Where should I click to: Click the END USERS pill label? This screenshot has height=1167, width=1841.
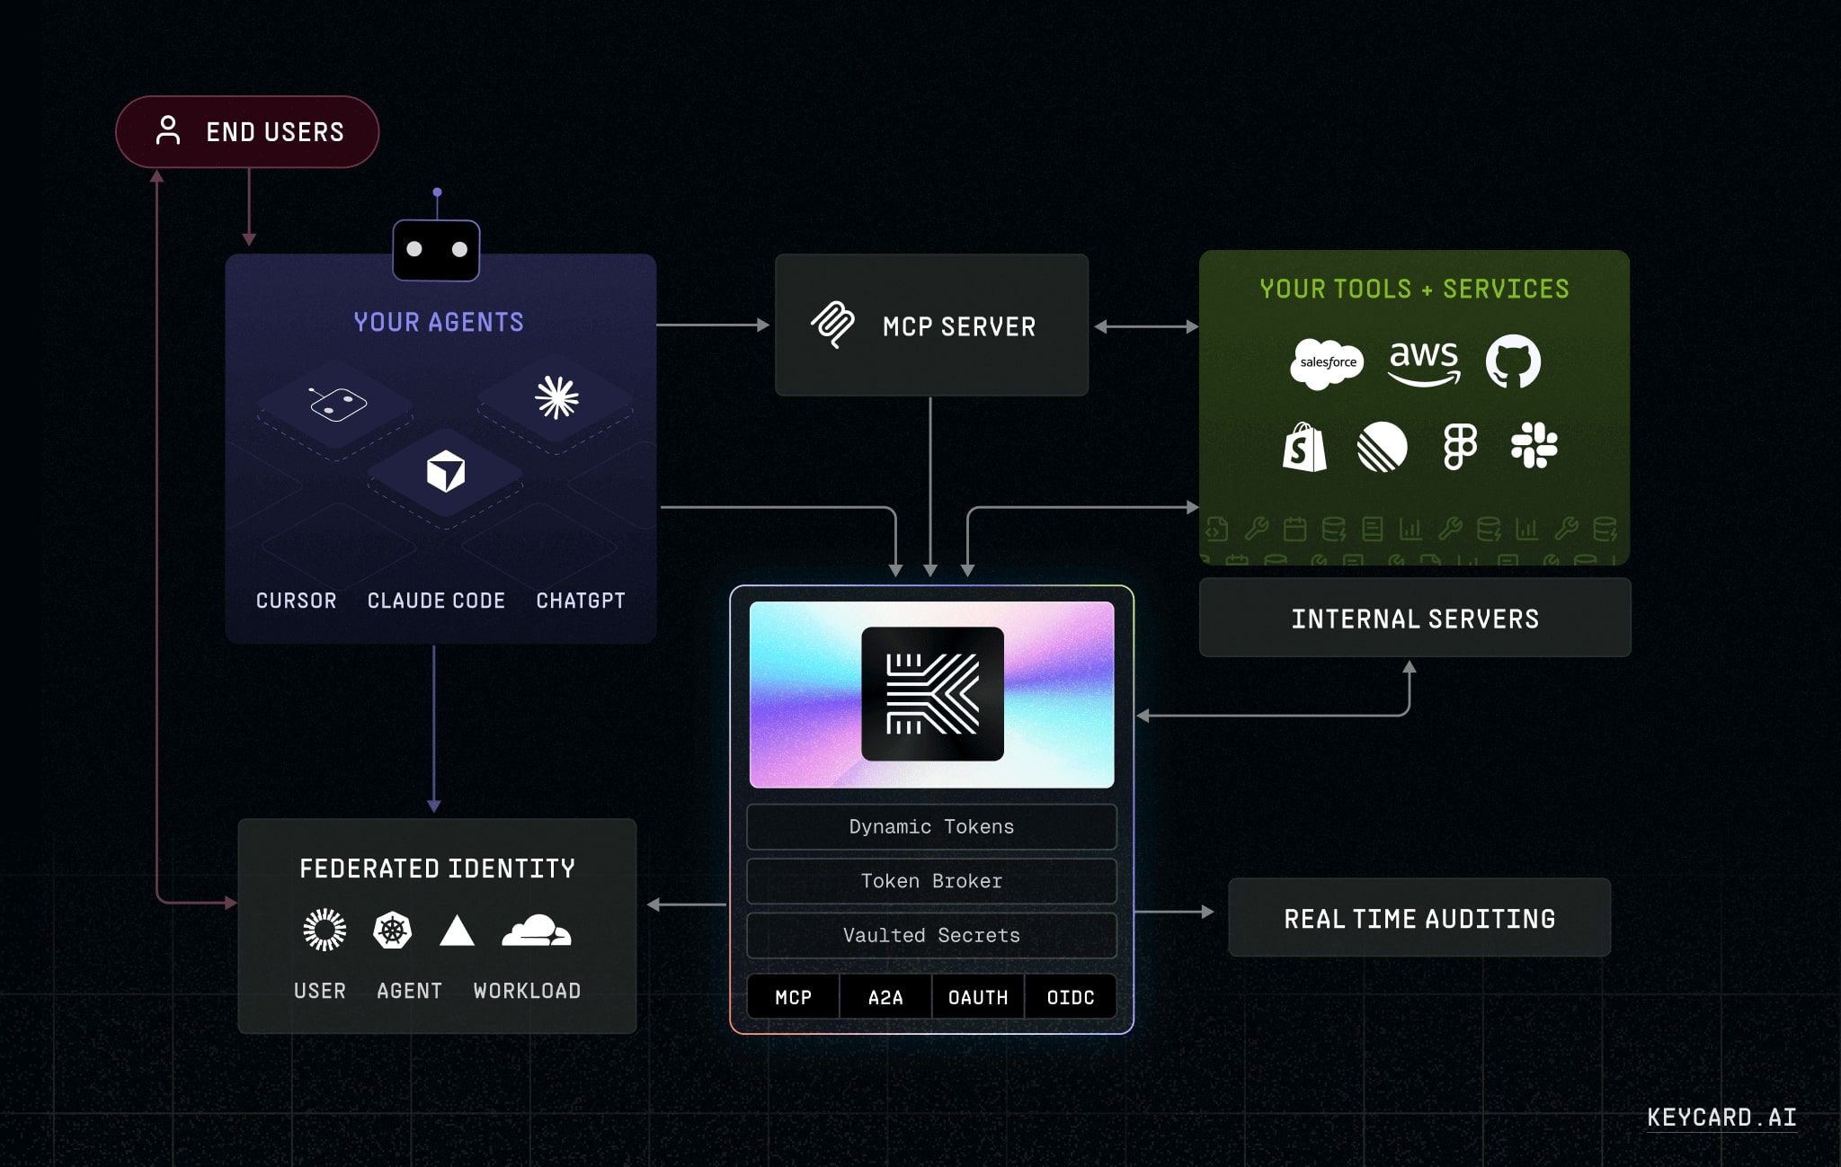click(274, 132)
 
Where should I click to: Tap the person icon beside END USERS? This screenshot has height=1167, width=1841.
click(168, 130)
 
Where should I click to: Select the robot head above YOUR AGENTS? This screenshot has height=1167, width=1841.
click(436, 249)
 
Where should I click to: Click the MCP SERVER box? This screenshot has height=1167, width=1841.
click(931, 325)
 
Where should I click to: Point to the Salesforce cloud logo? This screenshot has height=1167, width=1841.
click(1327, 363)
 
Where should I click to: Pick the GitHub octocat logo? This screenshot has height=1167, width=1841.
click(1513, 361)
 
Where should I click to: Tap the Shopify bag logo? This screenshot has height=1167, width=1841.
click(1304, 447)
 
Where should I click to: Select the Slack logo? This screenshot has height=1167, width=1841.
click(1534, 445)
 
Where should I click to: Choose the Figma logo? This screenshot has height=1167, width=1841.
click(1460, 447)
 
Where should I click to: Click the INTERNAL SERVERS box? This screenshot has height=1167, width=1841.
click(1415, 619)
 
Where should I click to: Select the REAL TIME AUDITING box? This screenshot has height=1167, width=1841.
click(1419, 918)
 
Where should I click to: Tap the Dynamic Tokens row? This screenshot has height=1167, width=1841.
click(931, 827)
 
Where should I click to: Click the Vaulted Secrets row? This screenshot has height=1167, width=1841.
click(931, 936)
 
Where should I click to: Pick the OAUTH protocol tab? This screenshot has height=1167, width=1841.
click(978, 997)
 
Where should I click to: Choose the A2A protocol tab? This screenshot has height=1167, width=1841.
click(885, 997)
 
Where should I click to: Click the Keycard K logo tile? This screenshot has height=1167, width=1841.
click(932, 694)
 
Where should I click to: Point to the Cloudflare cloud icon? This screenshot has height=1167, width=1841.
click(536, 931)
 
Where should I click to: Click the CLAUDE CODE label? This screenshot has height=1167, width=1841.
click(436, 601)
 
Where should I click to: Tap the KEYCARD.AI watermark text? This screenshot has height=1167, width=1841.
click(1721, 1118)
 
